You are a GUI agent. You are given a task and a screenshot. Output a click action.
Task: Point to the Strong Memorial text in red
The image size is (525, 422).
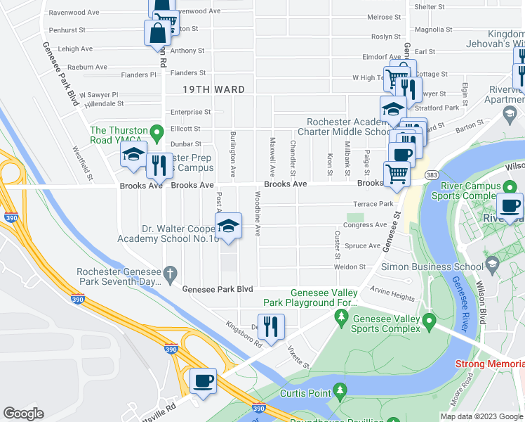pos(489,364)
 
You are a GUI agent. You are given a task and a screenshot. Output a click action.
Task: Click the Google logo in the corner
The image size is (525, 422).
pos(23,414)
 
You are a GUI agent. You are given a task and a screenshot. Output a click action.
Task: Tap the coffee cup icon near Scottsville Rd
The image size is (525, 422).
pos(203,381)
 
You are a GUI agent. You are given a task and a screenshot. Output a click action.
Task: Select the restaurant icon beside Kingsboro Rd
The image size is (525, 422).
pos(271,326)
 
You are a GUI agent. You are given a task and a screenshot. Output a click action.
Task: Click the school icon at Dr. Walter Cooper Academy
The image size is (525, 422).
pos(227,226)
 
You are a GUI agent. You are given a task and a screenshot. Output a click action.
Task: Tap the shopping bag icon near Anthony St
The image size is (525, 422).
pos(157,32)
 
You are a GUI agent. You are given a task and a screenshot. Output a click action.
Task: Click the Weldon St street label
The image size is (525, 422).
pos(351,267)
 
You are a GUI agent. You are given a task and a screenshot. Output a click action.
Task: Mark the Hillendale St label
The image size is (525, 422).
pos(103,103)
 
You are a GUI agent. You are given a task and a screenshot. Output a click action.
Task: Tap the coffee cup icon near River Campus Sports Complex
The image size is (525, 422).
pos(509,206)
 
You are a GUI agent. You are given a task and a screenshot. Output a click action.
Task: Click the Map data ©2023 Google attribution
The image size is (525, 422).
pos(481,416)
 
